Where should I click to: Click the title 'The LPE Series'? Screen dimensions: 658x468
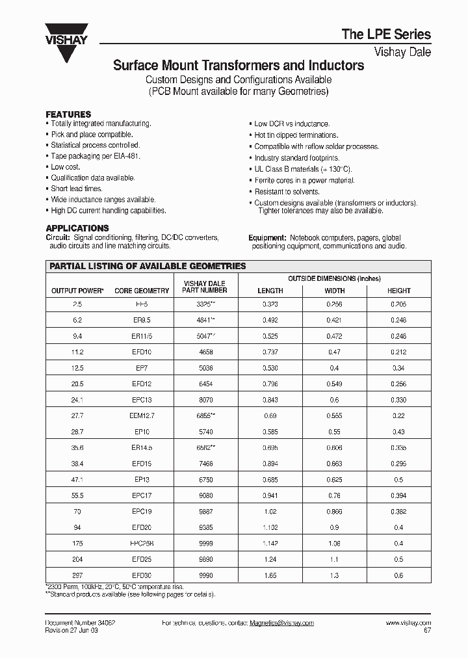pos(386,34)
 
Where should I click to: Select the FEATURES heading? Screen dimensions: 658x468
pos(68,114)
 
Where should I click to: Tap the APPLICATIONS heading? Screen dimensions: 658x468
pos(77,228)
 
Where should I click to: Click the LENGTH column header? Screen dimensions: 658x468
pos(270,291)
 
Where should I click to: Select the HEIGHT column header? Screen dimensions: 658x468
pos(398,291)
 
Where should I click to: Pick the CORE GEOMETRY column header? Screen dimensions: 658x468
pos(142,291)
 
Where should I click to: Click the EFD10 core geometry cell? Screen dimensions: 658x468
pos(142,352)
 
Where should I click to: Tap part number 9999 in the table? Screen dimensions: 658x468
pos(205,543)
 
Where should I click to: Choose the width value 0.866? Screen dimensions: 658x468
pos(335,511)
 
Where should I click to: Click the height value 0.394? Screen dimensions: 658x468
pos(398,495)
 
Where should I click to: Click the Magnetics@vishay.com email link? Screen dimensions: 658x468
pos(281,623)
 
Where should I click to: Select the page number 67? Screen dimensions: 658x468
pos(426,630)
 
